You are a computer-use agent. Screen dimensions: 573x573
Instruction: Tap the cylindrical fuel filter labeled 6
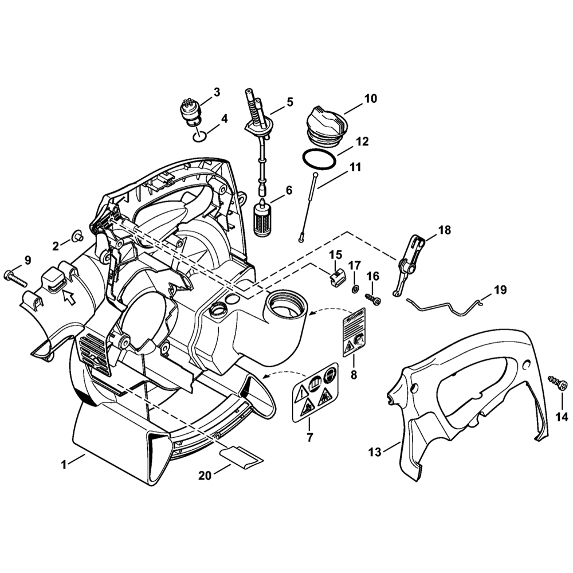coord(262,218)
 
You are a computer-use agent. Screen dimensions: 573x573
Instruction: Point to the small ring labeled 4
coord(199,137)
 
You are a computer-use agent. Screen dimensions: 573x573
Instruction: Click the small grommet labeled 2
coord(77,237)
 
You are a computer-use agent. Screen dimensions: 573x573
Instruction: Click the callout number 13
coord(375,452)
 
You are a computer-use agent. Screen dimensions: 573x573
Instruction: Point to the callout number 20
coord(205,476)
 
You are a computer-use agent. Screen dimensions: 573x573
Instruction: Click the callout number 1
coord(64,465)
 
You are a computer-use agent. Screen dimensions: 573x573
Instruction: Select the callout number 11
coord(355,167)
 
